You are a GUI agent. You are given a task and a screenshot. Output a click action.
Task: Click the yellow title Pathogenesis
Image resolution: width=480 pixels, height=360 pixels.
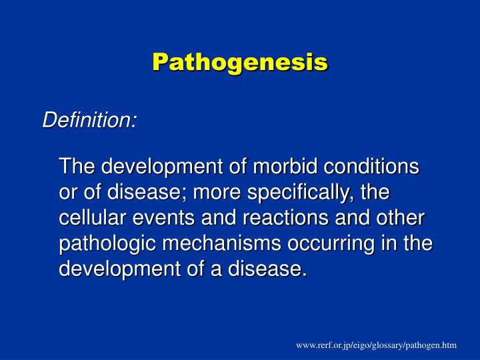click(239, 62)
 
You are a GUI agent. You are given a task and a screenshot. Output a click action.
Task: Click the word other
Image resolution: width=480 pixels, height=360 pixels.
click(399, 218)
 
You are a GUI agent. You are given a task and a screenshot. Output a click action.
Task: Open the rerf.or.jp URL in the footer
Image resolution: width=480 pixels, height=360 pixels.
click(377, 345)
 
